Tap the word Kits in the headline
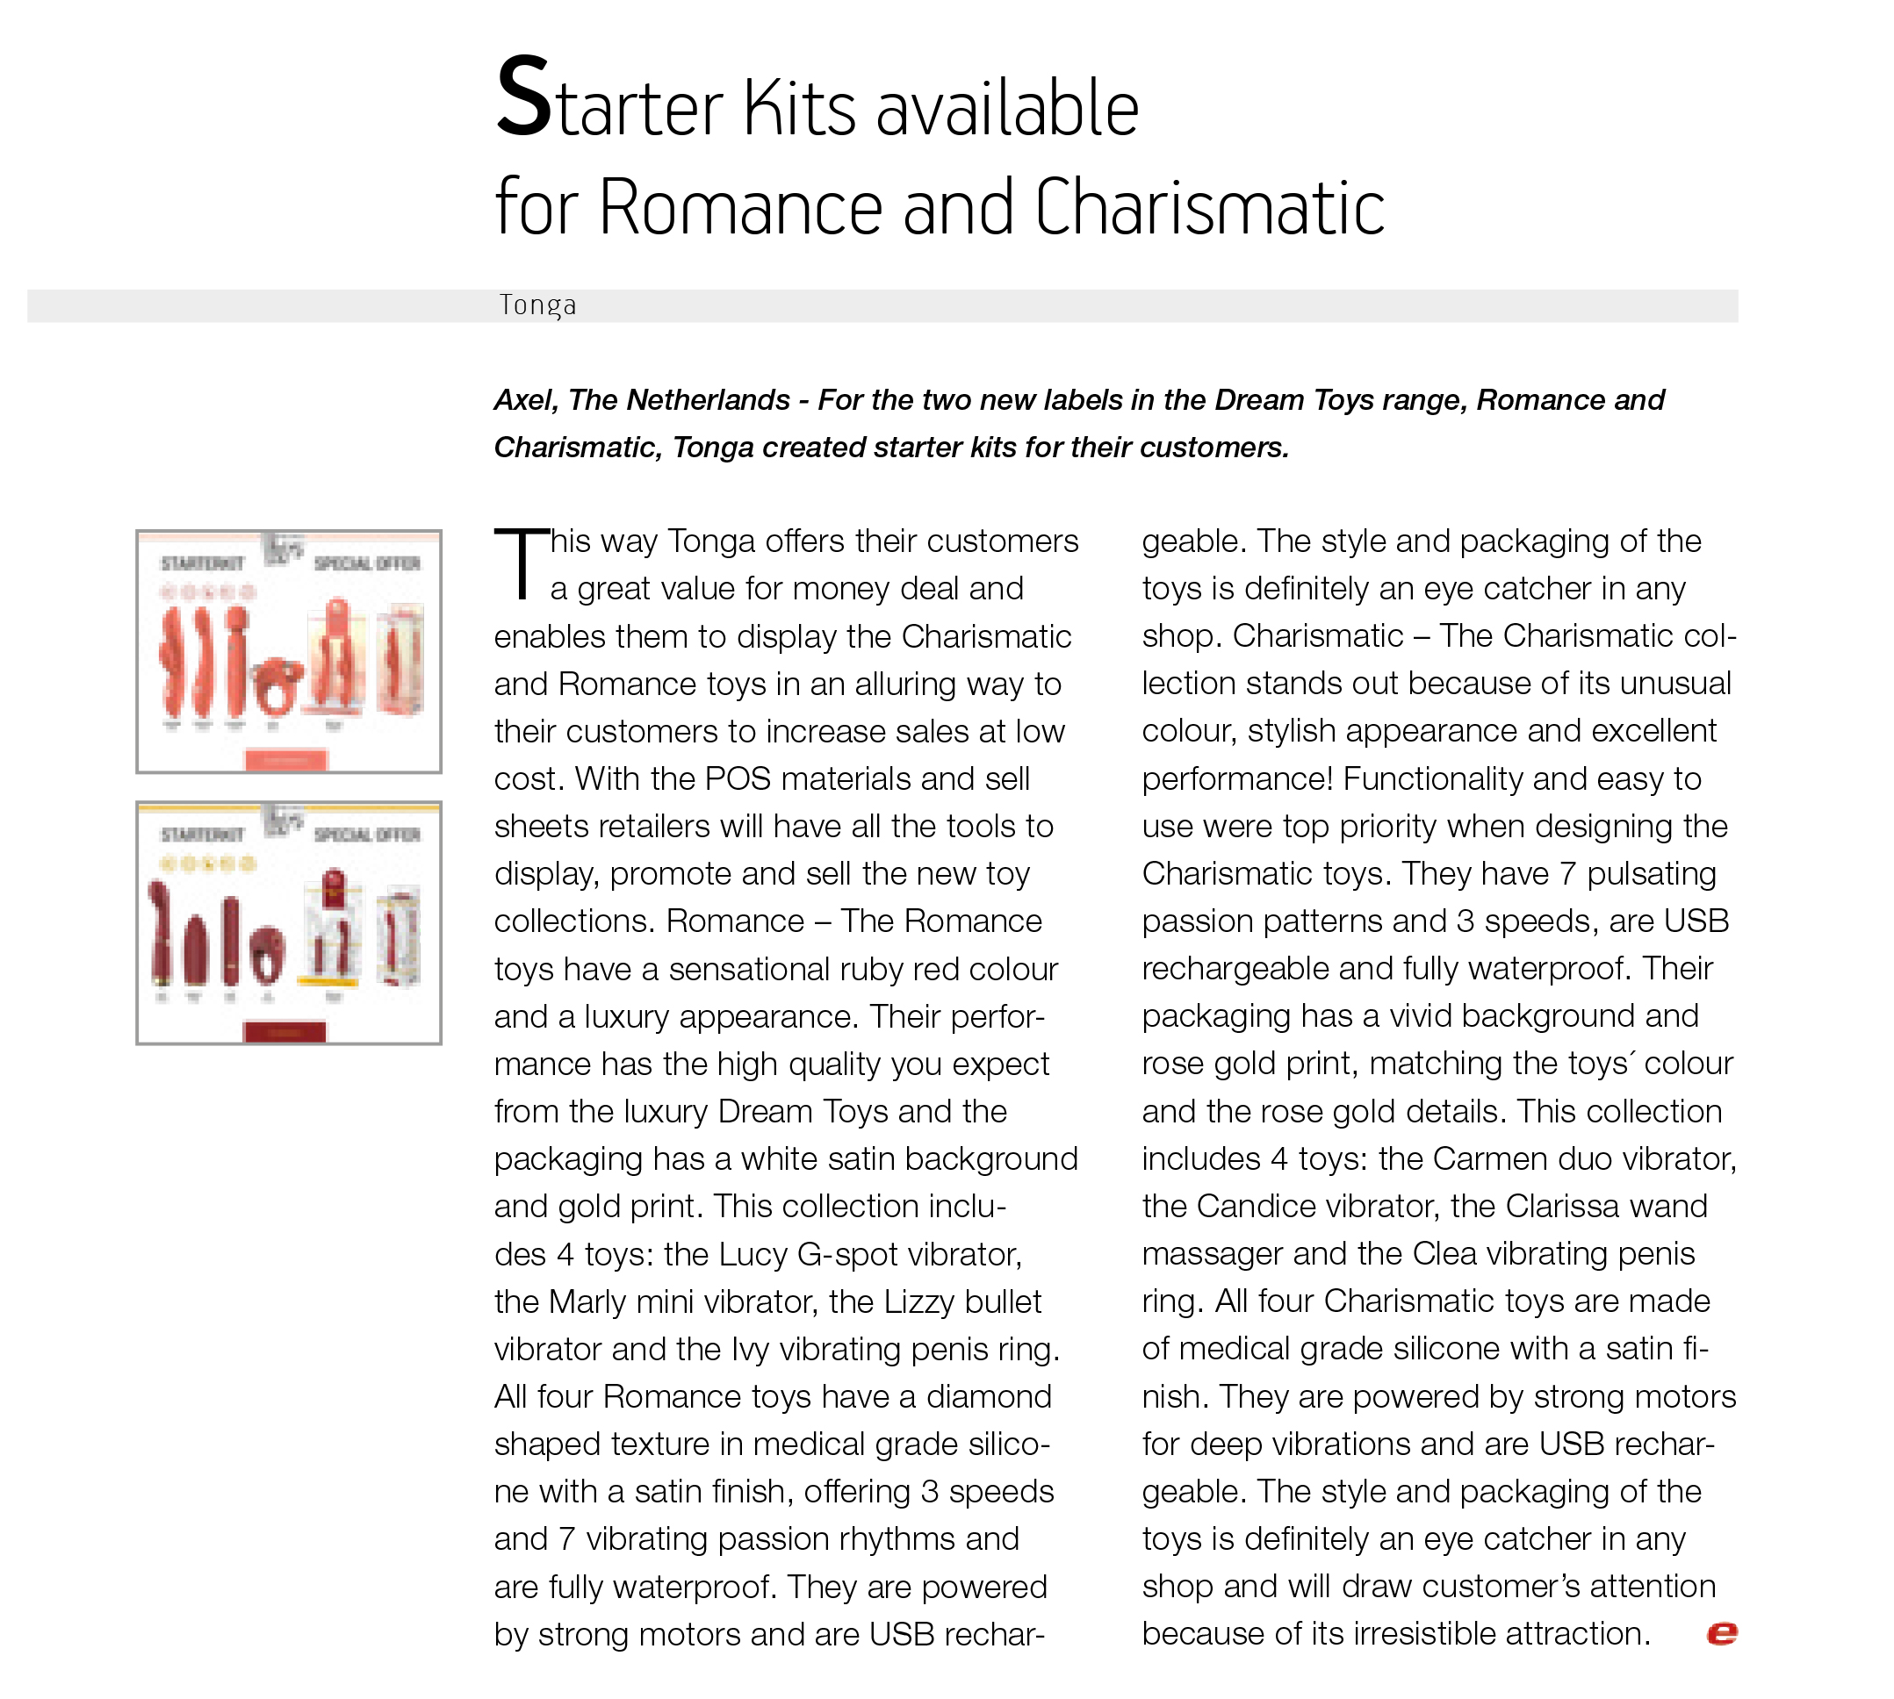point(798,108)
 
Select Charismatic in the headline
point(1209,207)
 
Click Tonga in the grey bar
point(537,305)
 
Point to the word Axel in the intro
point(525,400)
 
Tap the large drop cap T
point(521,565)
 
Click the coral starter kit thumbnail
point(289,651)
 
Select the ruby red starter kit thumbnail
point(289,922)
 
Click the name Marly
point(587,1301)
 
